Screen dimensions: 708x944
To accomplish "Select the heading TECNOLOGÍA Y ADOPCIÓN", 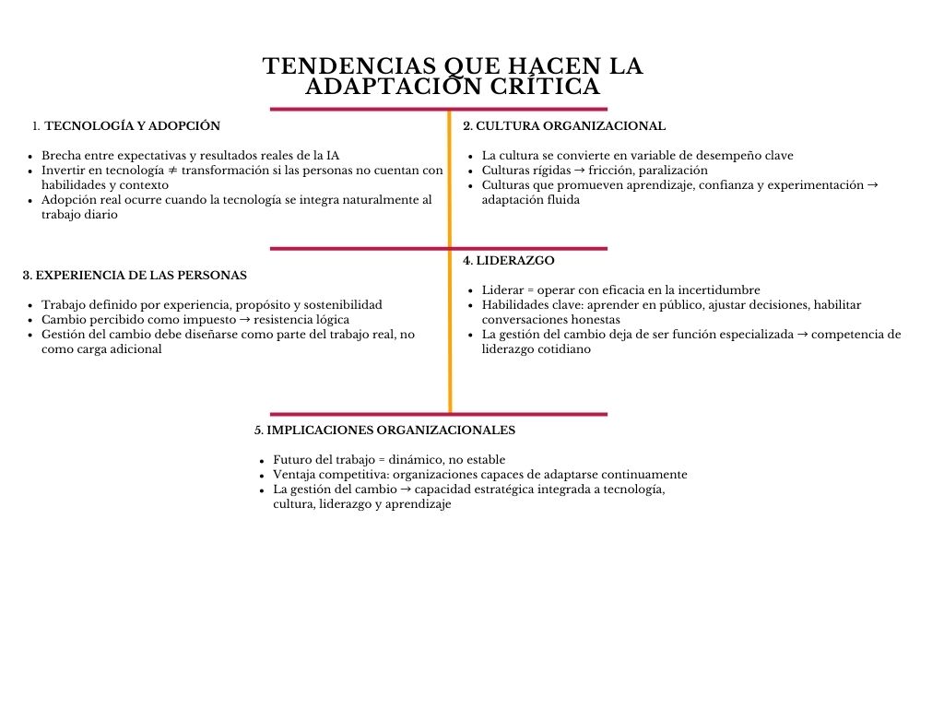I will click(133, 125).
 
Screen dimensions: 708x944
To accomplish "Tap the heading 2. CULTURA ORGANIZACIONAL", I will click(564, 125).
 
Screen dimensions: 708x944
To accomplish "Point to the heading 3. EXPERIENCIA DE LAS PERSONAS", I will click(135, 275).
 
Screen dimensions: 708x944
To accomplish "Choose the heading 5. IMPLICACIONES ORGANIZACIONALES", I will click(384, 430).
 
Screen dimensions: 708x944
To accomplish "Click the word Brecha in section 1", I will click(61, 156).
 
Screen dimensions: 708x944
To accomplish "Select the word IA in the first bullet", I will click(333, 156).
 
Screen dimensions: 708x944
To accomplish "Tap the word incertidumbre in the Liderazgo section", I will click(716, 290).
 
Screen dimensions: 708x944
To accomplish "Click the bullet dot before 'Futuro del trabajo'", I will click(263, 461).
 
